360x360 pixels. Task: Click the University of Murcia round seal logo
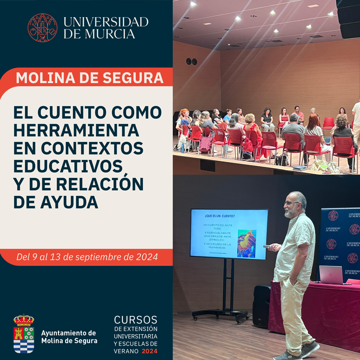point(42,28)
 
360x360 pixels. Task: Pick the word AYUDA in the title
point(56,202)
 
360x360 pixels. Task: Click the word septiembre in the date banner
point(102,257)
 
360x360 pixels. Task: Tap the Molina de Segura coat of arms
point(23,334)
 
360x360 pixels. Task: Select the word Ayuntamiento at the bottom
point(68,333)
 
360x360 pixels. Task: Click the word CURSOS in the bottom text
point(135,320)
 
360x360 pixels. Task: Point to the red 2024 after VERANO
point(150,351)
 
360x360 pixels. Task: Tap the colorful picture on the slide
point(247,243)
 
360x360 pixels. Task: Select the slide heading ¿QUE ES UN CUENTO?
point(219,215)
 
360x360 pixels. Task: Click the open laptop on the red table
point(332,275)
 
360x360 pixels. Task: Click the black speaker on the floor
point(261,306)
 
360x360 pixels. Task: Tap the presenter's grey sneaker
point(310,348)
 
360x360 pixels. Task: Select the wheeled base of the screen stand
point(220,315)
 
